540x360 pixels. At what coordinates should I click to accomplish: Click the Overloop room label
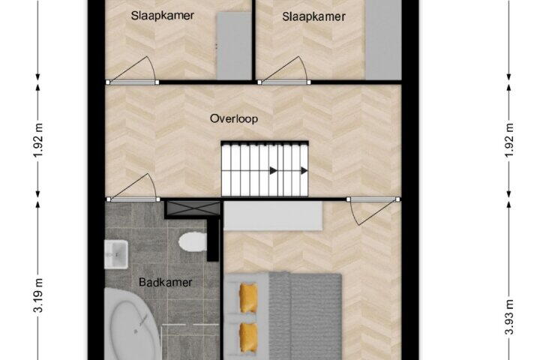tap(234, 118)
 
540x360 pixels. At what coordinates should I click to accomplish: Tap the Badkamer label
tap(165, 283)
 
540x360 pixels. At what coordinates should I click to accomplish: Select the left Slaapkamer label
tap(162, 16)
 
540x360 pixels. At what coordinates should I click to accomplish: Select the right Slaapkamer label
tap(313, 16)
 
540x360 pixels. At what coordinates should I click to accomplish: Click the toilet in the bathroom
tap(193, 241)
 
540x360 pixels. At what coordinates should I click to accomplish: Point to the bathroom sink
tap(116, 254)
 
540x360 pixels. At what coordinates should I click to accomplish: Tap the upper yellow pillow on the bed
tap(248, 298)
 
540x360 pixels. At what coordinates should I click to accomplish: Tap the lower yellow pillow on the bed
tap(248, 337)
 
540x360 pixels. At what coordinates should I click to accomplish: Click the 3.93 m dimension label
tap(509, 317)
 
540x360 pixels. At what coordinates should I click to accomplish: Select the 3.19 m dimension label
tap(38, 295)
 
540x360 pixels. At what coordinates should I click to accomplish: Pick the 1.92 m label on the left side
tap(38, 139)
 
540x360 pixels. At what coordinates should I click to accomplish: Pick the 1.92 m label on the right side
tap(509, 139)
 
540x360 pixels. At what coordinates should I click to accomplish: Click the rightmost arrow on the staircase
tap(304, 170)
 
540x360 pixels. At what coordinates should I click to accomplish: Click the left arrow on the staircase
tap(274, 170)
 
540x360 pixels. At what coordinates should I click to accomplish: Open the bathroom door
tap(133, 187)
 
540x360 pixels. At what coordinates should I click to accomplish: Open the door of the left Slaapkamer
tap(133, 70)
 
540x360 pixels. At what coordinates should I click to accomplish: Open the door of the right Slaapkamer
tap(284, 70)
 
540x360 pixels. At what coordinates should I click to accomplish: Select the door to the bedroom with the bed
tap(373, 211)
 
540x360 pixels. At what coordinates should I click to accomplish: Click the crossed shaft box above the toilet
tap(193, 208)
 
